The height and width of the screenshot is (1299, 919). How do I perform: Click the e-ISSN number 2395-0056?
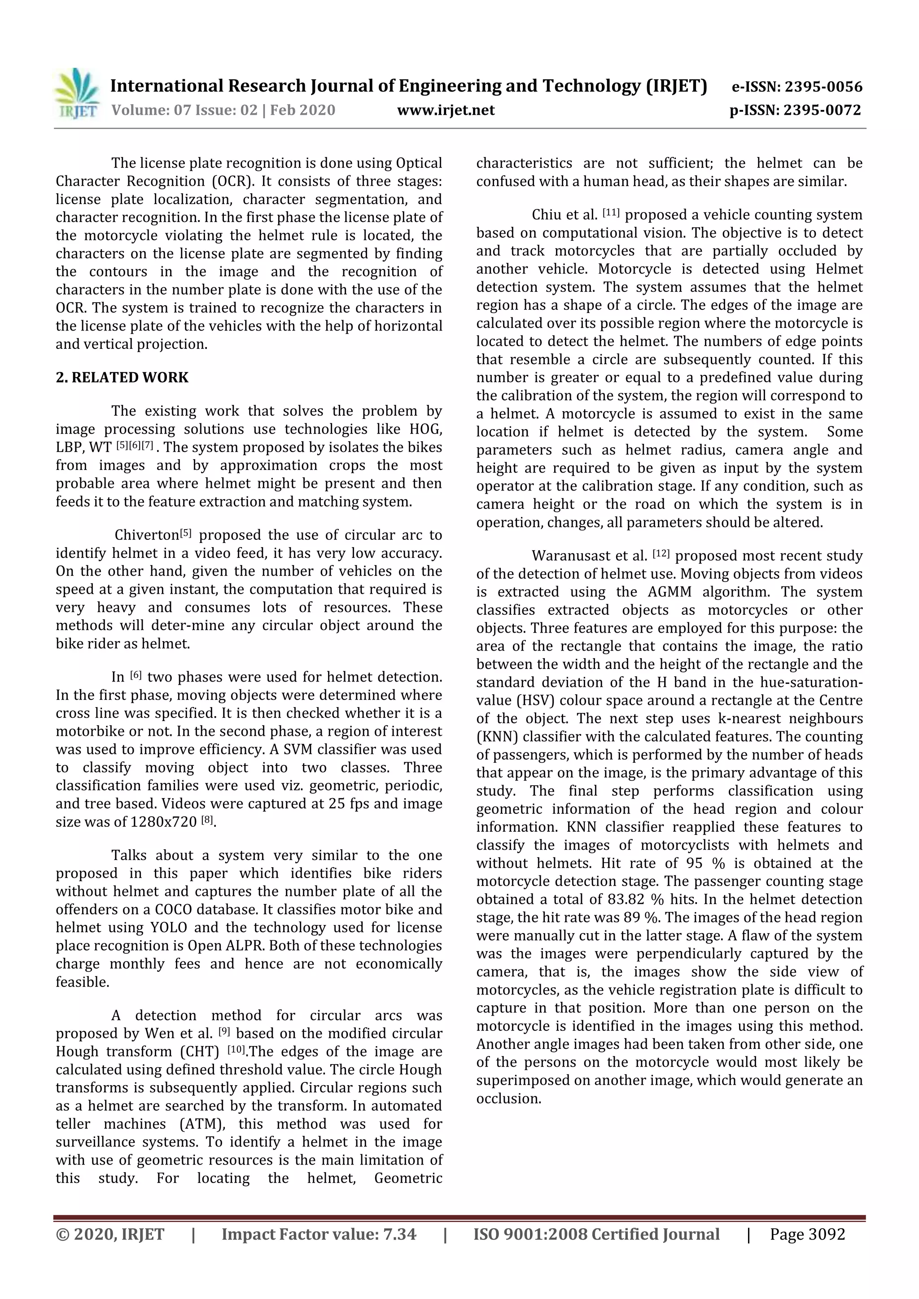(823, 87)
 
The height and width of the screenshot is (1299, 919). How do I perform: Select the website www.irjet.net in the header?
(446, 110)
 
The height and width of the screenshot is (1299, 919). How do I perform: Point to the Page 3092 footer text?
(807, 1234)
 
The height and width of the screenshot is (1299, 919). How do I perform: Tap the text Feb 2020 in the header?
(302, 110)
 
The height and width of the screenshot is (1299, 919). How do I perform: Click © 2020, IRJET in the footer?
(110, 1234)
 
